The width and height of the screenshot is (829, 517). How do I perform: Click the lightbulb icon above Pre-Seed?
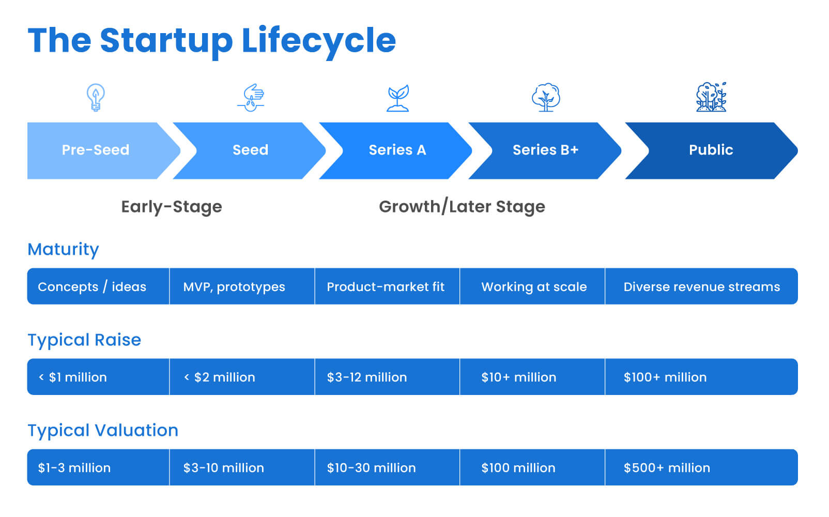tap(96, 97)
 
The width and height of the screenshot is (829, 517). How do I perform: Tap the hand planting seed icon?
tap(251, 98)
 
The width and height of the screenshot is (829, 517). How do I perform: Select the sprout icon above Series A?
tap(398, 98)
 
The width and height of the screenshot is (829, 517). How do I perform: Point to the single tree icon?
tap(546, 97)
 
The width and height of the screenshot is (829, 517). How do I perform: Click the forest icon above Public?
tap(711, 97)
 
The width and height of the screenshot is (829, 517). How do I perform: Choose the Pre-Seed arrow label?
tap(96, 150)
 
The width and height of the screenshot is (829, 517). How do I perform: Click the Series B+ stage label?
tap(545, 150)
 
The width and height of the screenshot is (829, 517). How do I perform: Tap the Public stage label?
tap(711, 150)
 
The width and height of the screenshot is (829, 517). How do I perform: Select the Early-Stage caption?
tap(172, 207)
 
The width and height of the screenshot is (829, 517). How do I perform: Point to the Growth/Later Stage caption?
tap(462, 206)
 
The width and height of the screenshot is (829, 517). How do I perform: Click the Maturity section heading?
tap(63, 249)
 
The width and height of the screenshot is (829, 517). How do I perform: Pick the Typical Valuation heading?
tap(103, 430)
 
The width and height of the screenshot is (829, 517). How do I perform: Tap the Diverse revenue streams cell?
tap(702, 287)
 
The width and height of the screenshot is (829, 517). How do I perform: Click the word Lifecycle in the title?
tap(319, 41)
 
